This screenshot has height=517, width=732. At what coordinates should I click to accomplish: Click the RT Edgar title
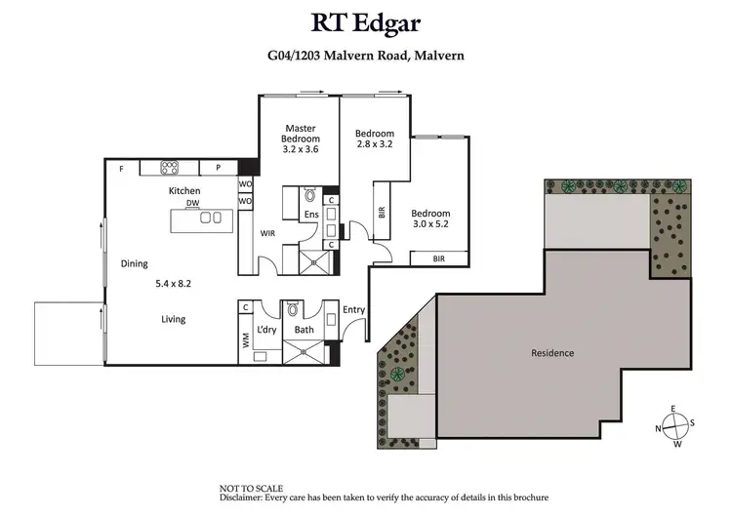click(x=365, y=22)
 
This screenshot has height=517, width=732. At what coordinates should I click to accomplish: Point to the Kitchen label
click(x=184, y=191)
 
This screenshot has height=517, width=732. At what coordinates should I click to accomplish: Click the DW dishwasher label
click(x=193, y=203)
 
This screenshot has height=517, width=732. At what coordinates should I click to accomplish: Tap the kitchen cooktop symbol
click(x=167, y=168)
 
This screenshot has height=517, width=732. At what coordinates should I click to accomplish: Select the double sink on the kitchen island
click(x=211, y=218)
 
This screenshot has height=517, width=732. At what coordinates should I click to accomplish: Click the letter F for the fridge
click(x=121, y=169)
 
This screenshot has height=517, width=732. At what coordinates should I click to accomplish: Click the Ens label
click(x=311, y=215)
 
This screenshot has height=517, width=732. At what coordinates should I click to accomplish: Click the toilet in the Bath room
click(x=292, y=310)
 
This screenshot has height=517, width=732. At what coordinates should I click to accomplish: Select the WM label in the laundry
click(x=245, y=340)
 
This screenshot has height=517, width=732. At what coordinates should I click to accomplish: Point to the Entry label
click(x=353, y=310)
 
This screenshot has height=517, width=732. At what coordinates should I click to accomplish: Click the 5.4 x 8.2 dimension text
click(x=174, y=284)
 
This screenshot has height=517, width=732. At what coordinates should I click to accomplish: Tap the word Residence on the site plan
click(x=551, y=352)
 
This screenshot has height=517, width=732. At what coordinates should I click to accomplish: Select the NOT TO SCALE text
click(x=252, y=487)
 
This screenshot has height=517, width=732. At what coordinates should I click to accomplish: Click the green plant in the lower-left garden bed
click(x=397, y=374)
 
